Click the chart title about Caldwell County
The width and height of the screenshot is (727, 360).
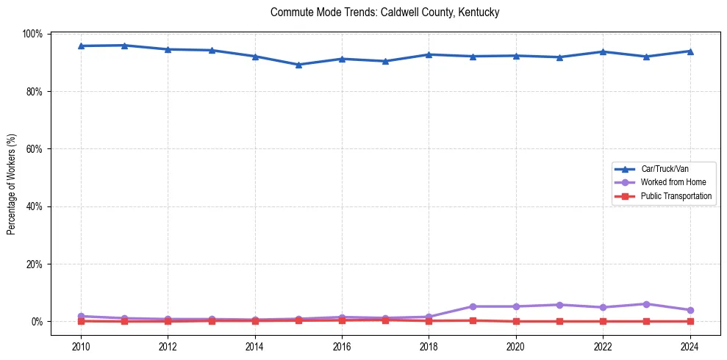385,12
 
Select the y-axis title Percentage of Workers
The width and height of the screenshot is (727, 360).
11,184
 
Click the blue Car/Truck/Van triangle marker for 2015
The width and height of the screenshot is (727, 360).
298,65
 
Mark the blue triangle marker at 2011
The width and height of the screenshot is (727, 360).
124,46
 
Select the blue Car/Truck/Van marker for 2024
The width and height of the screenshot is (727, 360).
690,51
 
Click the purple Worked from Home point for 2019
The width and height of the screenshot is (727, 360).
472,306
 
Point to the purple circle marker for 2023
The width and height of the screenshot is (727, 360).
646,304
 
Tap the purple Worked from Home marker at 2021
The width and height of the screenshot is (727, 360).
559,305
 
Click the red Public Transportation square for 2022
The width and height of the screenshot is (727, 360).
603,321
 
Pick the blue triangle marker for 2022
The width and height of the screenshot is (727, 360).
603,51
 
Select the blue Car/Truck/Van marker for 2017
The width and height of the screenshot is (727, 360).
385,61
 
